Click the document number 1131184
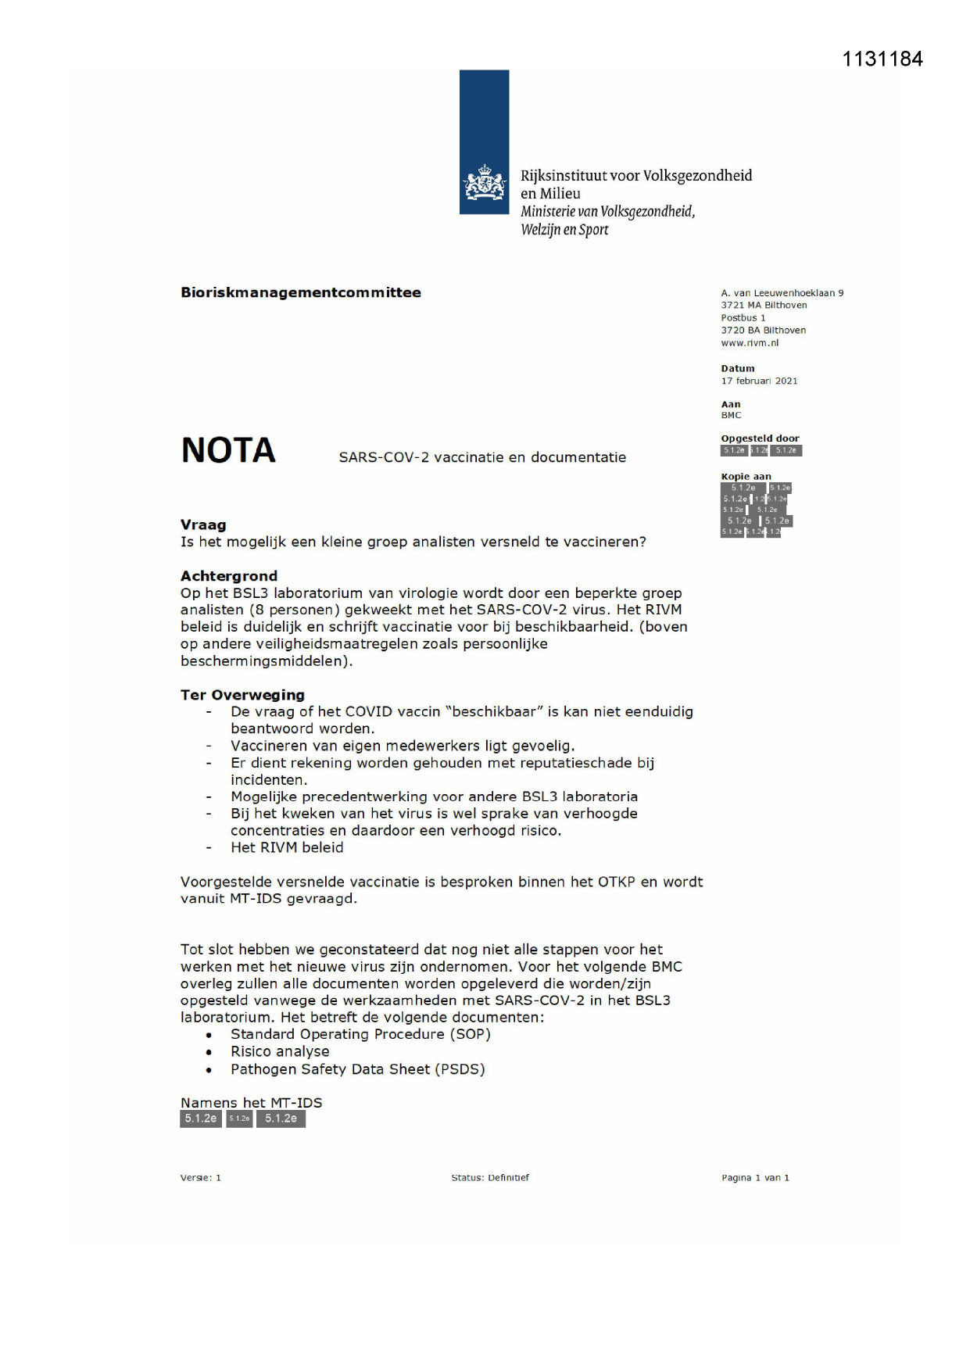coord(882,59)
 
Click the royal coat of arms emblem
coord(485,184)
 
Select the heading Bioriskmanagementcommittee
coord(301,292)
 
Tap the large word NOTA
coord(228,450)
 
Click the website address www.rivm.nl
coord(750,343)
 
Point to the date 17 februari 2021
coord(759,381)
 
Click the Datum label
coord(738,368)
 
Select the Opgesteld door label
coord(760,439)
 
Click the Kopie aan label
coord(746,476)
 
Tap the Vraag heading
coord(203,525)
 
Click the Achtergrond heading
coord(229,576)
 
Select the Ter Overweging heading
coord(242,695)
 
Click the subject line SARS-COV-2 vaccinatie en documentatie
coord(482,457)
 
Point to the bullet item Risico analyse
coord(280,1051)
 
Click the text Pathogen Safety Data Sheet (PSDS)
coord(357,1069)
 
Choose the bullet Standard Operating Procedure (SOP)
coord(360,1034)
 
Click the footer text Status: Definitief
coord(490,1178)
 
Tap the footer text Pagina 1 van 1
coord(755,1178)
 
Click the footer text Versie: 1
coord(201,1178)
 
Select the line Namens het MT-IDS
coord(251,1103)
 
